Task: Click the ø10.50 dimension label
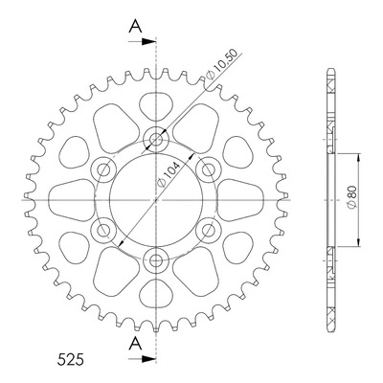point(222,64)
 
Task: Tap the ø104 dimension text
point(169,175)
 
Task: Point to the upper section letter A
point(135,26)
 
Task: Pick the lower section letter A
point(135,344)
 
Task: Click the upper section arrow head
point(148,41)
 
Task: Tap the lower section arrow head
point(148,359)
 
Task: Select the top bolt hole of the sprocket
point(156,139)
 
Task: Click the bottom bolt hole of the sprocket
point(156,260)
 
